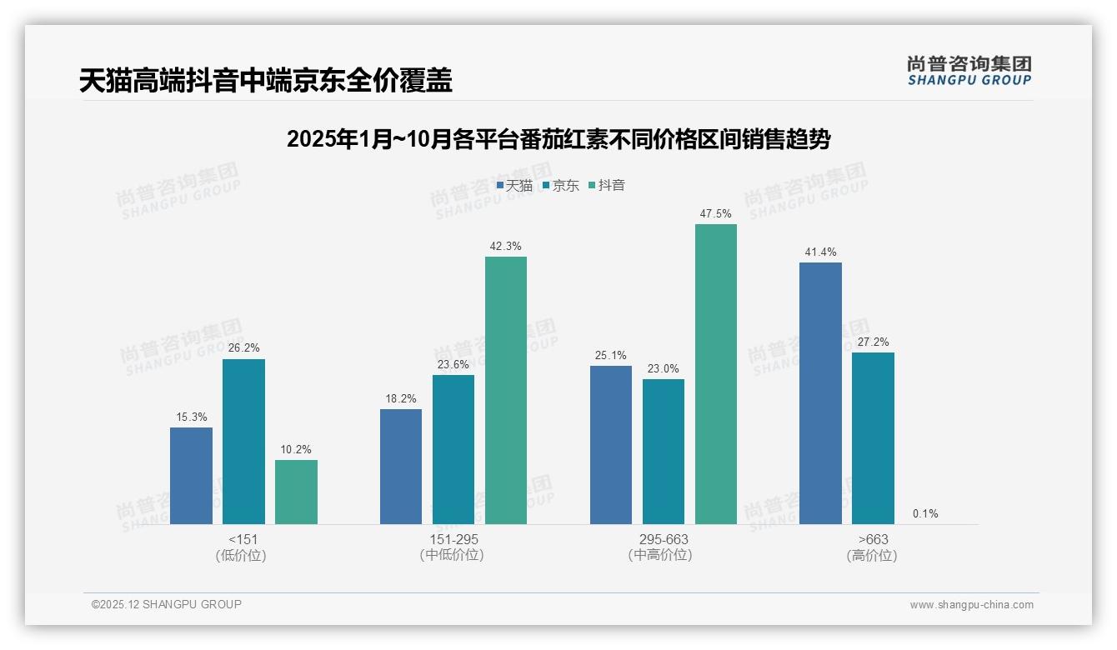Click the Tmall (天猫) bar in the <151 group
[191, 476]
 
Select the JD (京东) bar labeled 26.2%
[243, 442]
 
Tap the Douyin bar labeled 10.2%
[296, 492]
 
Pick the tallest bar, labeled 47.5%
[716, 374]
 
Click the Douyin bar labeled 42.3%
[506, 390]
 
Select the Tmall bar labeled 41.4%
[820, 393]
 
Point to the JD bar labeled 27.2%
[873, 438]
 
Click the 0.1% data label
[925, 513]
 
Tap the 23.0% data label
[664, 368]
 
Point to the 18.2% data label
[401, 398]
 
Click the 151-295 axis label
[453, 539]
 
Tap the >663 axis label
[872, 539]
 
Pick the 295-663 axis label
[664, 539]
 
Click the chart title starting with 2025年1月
[558, 139]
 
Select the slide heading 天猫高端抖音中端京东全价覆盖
[266, 80]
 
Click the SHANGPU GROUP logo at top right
[969, 71]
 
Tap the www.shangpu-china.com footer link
[971, 605]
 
